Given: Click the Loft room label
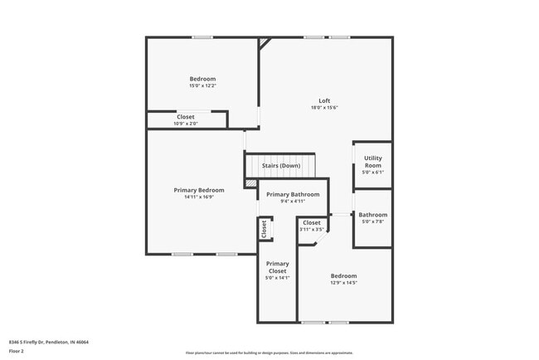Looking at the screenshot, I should (x=324, y=100).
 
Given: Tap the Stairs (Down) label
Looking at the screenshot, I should (x=281, y=166).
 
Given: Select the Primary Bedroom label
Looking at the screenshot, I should (x=199, y=190).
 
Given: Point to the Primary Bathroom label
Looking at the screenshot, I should (x=293, y=194).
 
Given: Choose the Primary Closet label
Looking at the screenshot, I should (x=277, y=267).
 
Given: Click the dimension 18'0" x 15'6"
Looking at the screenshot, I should (x=324, y=108).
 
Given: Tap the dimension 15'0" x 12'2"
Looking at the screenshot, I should (x=202, y=86).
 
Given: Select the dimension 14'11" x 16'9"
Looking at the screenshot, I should (x=199, y=197).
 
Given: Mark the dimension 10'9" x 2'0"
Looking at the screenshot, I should (x=186, y=124).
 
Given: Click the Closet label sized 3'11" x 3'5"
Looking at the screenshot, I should (x=312, y=222).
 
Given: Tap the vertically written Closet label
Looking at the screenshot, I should (x=265, y=229).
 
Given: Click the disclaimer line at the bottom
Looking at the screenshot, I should (x=269, y=353).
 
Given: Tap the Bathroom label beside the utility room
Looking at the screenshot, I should (x=372, y=215).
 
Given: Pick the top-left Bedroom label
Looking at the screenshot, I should (x=202, y=79).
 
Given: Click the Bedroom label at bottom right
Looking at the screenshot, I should (x=343, y=276).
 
